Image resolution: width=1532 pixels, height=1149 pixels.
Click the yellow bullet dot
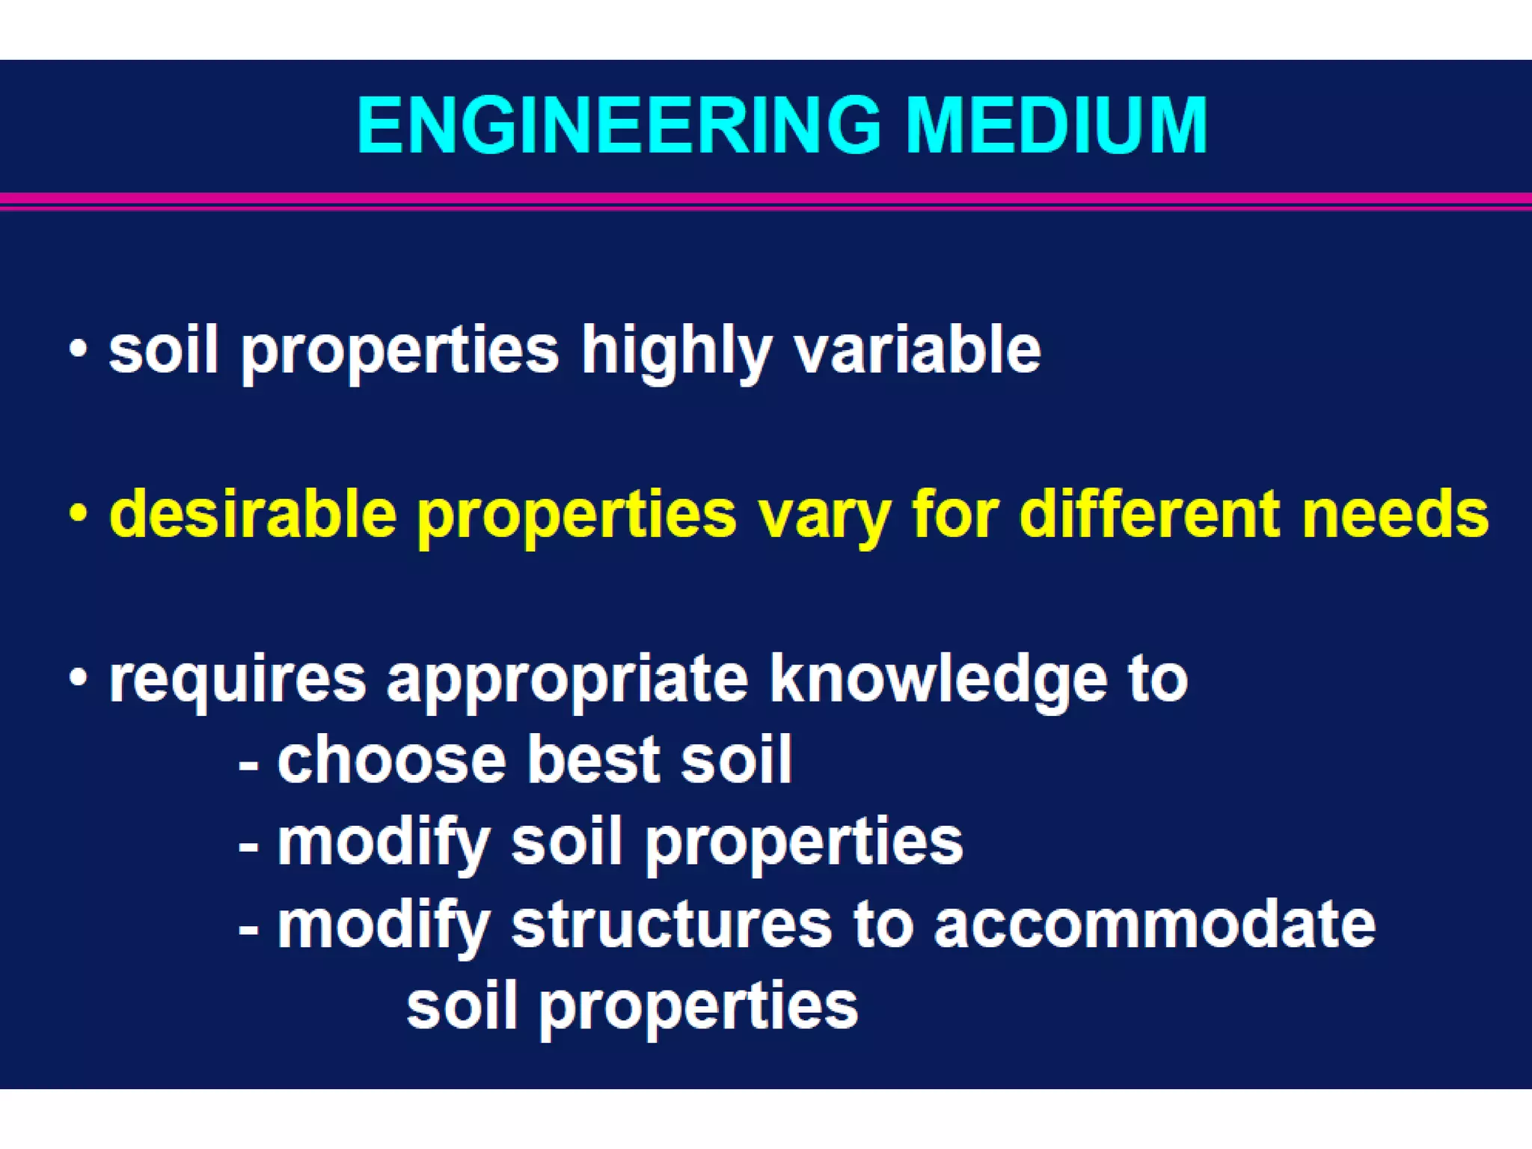78,514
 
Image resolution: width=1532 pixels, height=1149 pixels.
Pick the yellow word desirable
253,514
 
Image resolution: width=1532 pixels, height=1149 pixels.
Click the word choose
392,760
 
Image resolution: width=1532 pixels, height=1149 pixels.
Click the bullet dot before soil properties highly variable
78,349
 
